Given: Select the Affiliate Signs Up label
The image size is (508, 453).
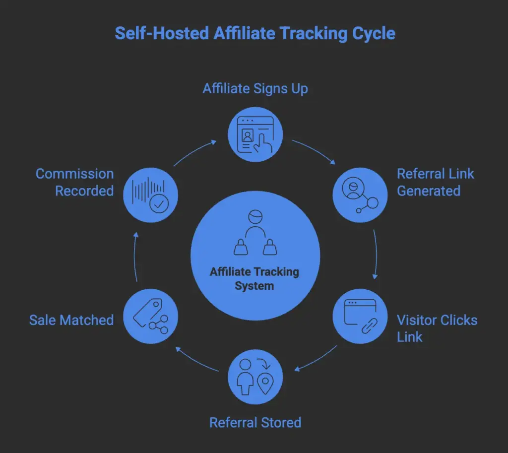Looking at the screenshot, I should [255, 89].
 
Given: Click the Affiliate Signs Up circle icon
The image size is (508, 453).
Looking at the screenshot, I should [255, 133].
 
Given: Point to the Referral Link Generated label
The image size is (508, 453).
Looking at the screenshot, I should [435, 182].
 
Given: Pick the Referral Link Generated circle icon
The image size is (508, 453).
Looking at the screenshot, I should [359, 193].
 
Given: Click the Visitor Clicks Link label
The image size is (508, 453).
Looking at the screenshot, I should [437, 328].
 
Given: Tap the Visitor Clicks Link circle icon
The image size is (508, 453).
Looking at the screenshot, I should [359, 316].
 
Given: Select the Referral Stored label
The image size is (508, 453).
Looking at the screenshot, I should [255, 422].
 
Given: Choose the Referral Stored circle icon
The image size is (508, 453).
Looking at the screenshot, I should [255, 377].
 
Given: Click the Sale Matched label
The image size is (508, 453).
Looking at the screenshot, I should [71, 320].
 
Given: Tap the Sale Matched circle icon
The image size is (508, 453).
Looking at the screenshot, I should [150, 316].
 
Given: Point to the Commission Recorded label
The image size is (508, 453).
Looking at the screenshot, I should [75, 182].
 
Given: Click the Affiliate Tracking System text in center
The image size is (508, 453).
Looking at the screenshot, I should [254, 279].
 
